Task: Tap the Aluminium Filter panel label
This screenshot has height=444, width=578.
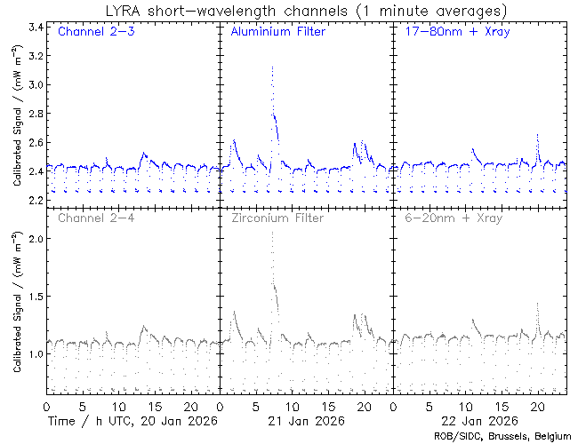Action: [x=277, y=33]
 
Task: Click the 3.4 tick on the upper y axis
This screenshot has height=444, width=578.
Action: [x=34, y=28]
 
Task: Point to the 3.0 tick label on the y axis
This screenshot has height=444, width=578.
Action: [x=34, y=85]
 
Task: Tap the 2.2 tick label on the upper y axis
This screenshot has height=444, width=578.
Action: [x=34, y=200]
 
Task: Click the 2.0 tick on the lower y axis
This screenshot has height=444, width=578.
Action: [x=34, y=239]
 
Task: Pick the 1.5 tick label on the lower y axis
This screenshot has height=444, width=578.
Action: [x=34, y=297]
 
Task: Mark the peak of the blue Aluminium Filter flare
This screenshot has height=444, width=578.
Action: [x=272, y=67]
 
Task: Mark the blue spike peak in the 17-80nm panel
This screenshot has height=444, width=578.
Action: [x=537, y=135]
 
